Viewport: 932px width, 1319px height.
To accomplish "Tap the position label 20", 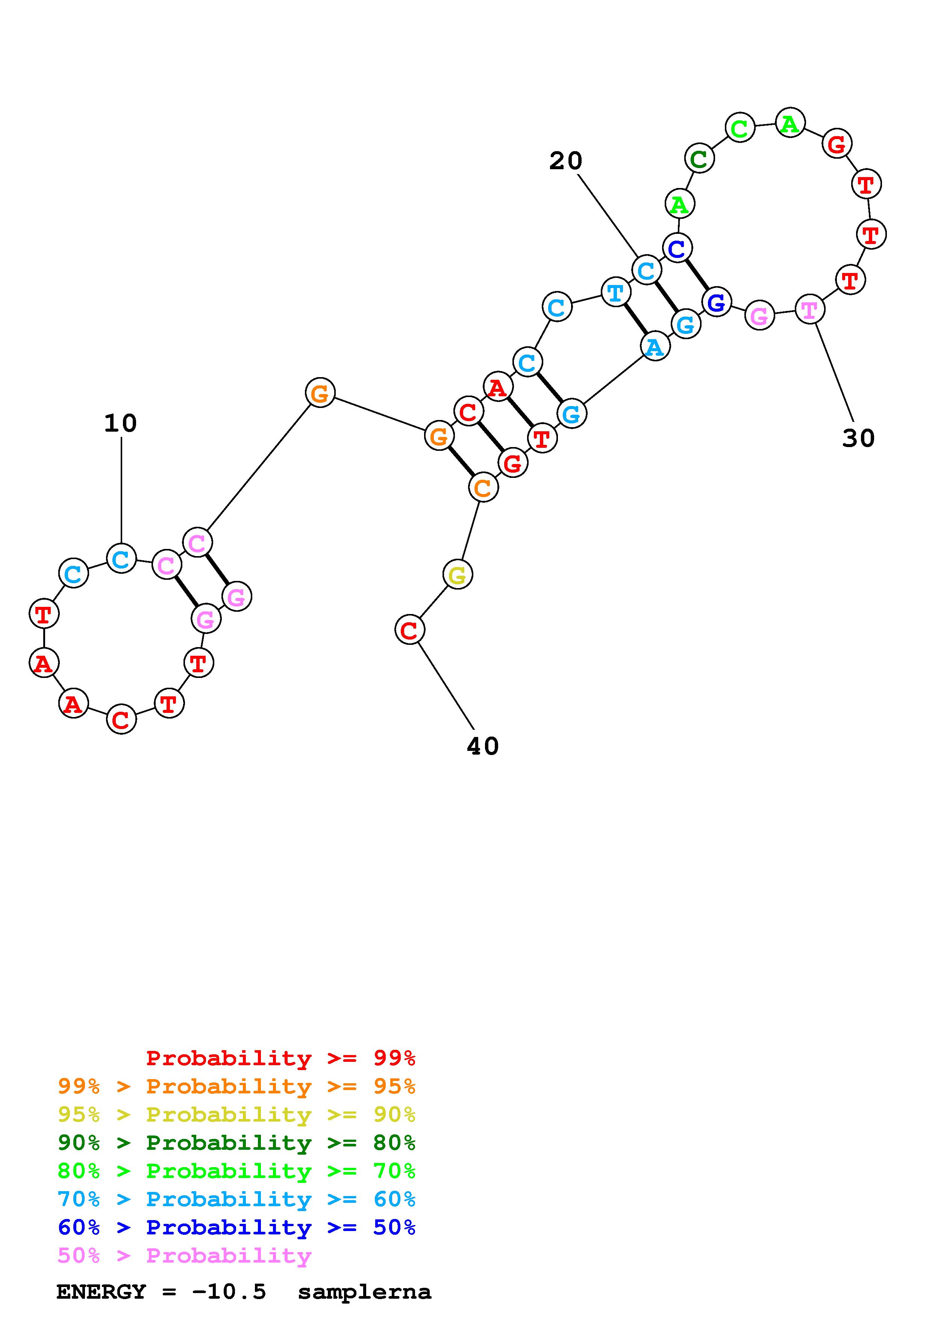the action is tap(566, 161).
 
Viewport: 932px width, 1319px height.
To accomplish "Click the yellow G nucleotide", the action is tap(458, 575).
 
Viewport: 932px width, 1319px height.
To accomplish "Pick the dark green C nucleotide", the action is tap(699, 159).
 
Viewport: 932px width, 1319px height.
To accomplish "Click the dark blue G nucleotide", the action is tap(717, 302).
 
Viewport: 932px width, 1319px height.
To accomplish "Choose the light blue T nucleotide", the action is tap(615, 293).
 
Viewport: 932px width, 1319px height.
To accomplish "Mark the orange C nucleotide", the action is tap(483, 488).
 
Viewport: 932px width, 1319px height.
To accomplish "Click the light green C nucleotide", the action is tap(740, 127).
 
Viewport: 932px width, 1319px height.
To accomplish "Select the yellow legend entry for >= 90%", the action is tap(236, 1114).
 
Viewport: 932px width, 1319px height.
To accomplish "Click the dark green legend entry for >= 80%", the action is tap(236, 1143).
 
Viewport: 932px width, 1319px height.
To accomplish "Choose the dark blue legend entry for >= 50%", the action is tap(236, 1227).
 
